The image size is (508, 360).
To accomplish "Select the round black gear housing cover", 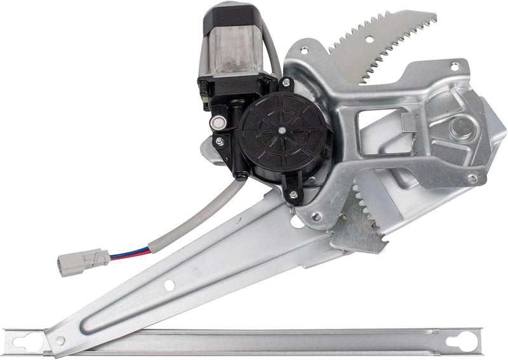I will [x=279, y=137].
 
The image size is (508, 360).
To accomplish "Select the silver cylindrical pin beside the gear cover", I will [x=220, y=123].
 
